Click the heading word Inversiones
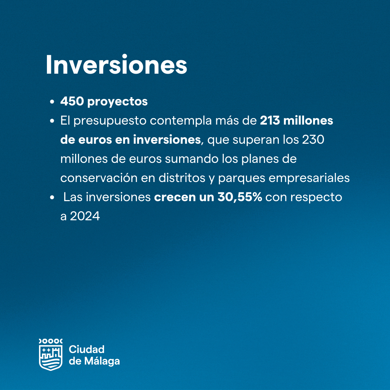click(116, 64)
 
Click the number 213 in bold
click(270, 121)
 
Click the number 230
click(313, 139)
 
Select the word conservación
click(99, 178)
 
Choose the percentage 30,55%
click(240, 197)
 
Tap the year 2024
click(85, 216)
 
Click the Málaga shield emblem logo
click(51, 355)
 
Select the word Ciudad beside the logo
click(87, 350)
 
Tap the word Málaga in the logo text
click(102, 361)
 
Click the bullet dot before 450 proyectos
click(52, 102)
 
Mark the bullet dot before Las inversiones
click(52, 198)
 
